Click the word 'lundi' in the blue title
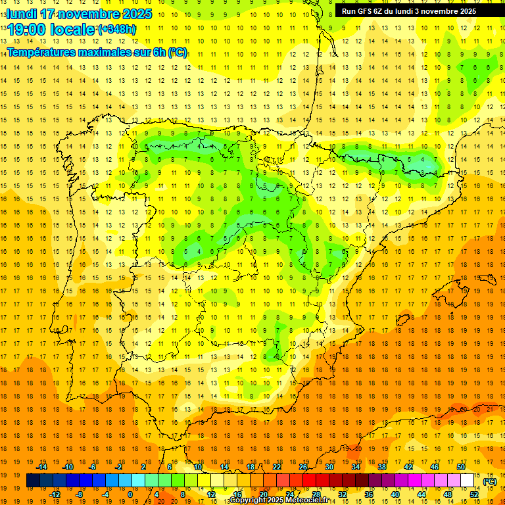(21, 14)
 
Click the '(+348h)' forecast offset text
(116, 30)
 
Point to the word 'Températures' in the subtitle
(43, 52)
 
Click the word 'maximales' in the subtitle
(113, 52)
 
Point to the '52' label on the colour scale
(474, 494)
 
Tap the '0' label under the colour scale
(131, 494)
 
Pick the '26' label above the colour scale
(303, 467)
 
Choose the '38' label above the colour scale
(382, 467)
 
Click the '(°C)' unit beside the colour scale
(489, 481)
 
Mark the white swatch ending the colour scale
(468, 481)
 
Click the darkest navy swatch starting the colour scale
(33, 481)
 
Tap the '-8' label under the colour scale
(80, 494)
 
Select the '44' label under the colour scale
(421, 494)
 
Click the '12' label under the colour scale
(211, 494)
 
